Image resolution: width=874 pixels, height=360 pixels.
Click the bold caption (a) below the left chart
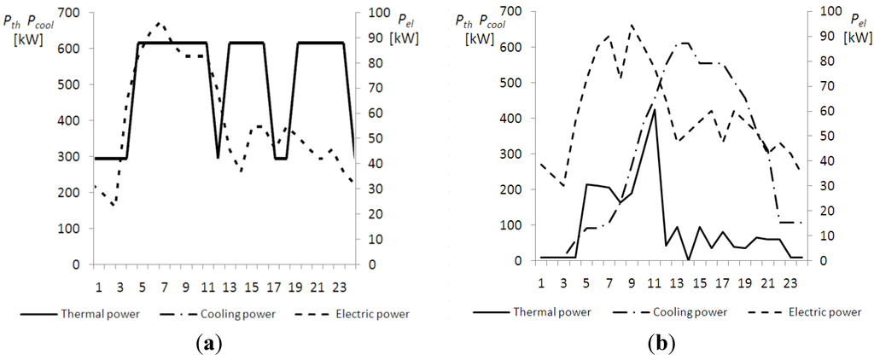(210, 344)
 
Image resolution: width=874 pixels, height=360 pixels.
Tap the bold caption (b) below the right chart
(662, 344)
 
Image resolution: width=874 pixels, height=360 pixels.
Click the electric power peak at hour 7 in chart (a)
(160, 23)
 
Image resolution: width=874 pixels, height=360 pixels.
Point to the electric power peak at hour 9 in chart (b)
(632, 25)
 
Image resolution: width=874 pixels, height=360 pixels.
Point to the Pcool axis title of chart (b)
(492, 24)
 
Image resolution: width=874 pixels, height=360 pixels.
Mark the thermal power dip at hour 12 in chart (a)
(218, 158)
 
